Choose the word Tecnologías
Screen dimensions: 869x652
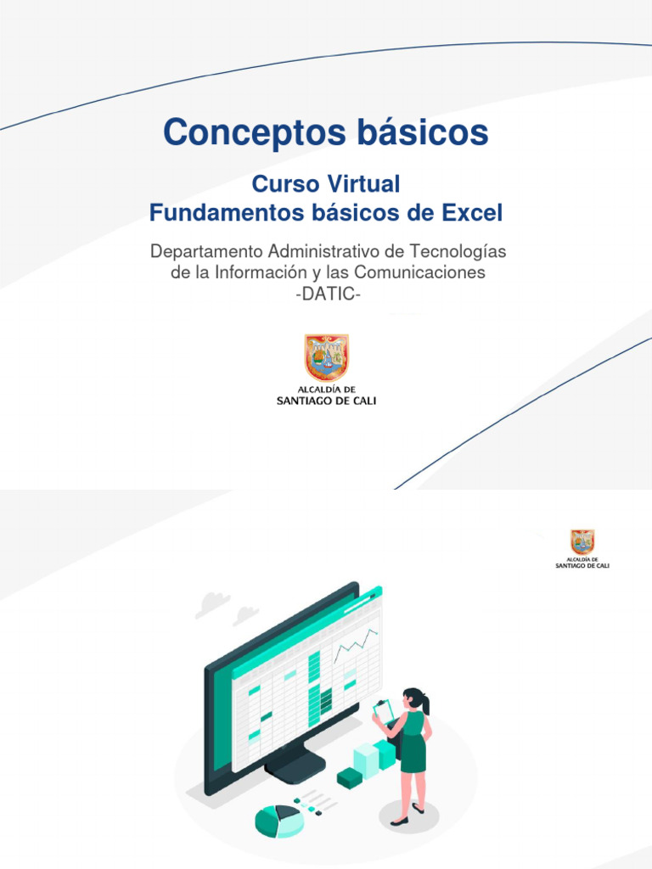pos(458,252)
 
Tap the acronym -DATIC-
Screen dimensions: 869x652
pos(326,293)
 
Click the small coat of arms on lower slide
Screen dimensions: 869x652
pos(582,541)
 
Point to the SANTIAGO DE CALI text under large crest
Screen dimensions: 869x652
pos(327,401)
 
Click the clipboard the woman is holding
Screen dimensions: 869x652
pos(385,709)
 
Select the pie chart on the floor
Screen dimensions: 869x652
pos(278,819)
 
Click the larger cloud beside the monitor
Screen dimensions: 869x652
pos(212,603)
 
